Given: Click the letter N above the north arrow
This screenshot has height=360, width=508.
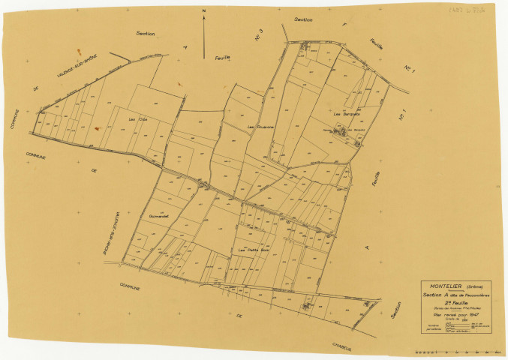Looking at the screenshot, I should pos(203,12).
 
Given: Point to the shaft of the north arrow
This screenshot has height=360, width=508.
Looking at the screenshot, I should pos(203,34).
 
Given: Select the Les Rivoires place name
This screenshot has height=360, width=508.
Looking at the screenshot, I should pos(260,127).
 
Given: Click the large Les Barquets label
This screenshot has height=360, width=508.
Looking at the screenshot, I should pos(343,114).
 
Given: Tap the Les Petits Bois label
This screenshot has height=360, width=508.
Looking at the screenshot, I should pos(252,249).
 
